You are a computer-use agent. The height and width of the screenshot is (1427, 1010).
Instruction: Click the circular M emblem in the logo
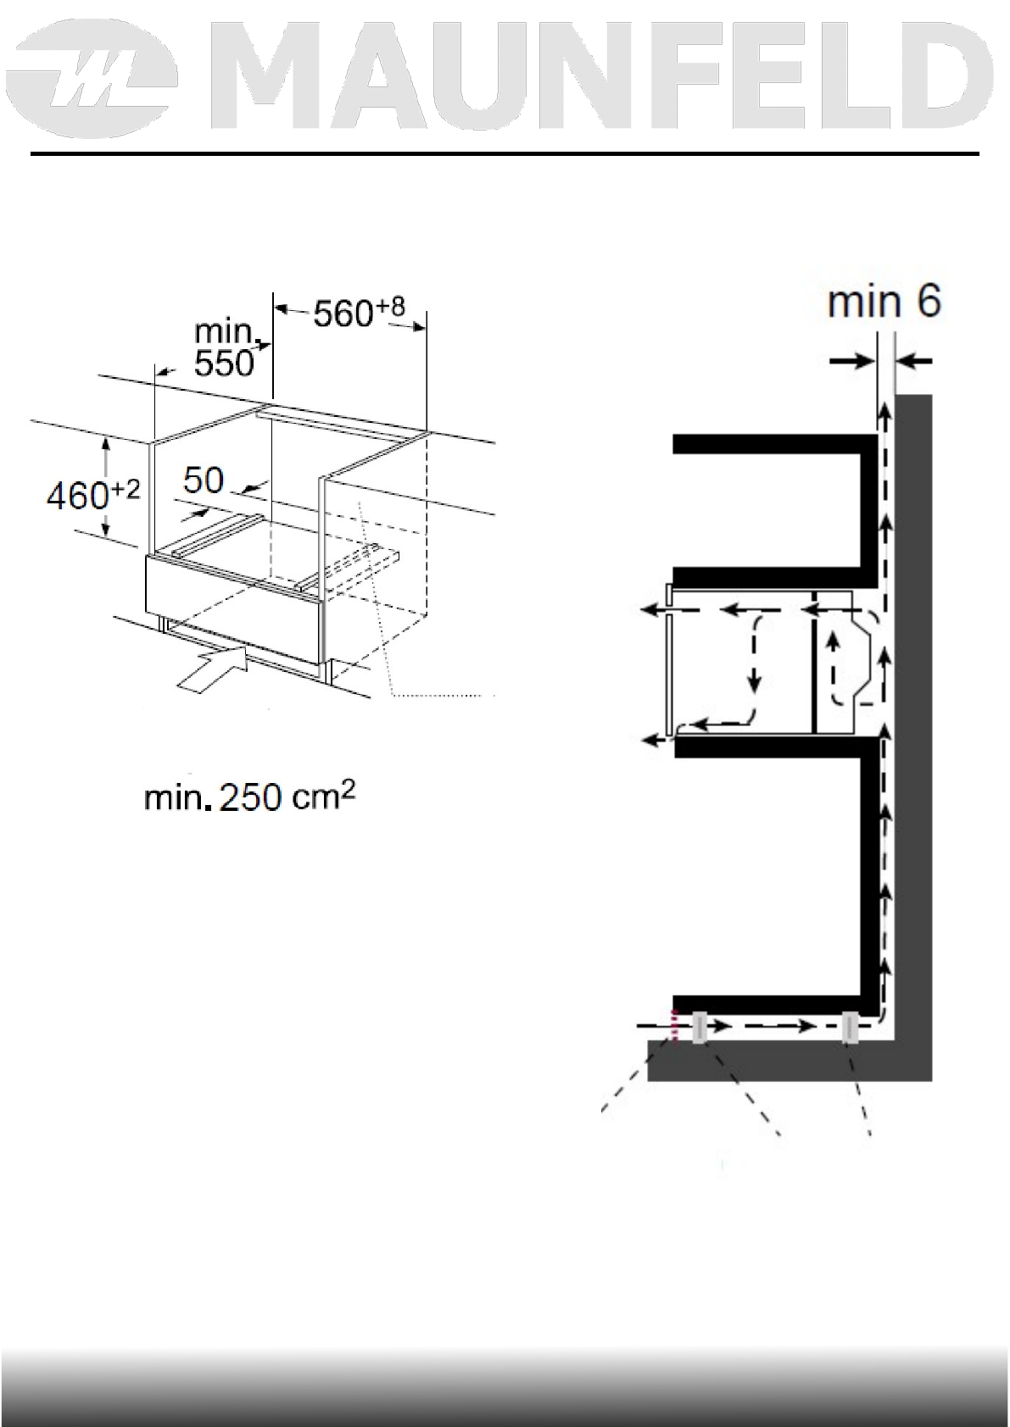99,83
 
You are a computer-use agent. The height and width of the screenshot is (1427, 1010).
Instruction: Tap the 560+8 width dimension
360,314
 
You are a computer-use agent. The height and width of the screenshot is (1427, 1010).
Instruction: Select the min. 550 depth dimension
225,347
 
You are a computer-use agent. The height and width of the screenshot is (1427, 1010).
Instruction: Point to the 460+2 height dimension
92,495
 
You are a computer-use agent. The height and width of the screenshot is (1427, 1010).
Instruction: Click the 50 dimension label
204,480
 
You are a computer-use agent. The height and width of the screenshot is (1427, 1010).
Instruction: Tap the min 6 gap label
884,303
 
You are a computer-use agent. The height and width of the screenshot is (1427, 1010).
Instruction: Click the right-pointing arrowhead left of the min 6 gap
865,362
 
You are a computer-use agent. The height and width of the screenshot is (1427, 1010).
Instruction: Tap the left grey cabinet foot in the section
700,1027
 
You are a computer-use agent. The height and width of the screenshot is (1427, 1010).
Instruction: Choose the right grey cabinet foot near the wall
850,1027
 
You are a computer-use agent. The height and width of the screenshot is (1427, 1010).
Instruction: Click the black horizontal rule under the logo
505,154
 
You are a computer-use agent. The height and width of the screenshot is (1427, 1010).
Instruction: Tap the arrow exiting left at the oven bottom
653,740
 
